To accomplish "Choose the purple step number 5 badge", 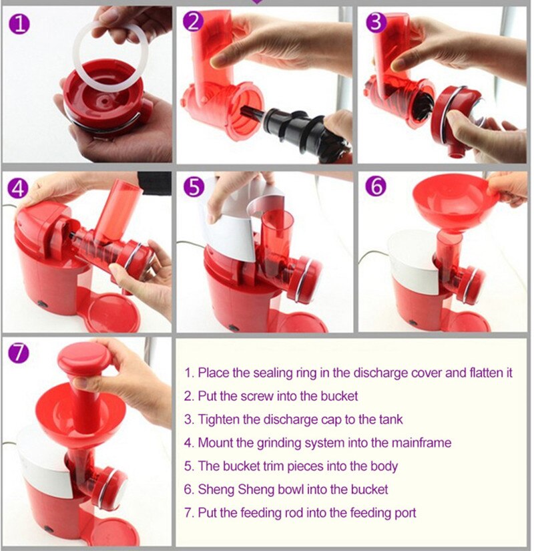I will coord(194,188).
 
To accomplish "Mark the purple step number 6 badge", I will coord(376,188).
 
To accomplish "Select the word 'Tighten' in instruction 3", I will coord(218,419).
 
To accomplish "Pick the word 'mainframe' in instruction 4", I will coord(423,442).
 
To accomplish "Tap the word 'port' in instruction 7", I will coord(405,512).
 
